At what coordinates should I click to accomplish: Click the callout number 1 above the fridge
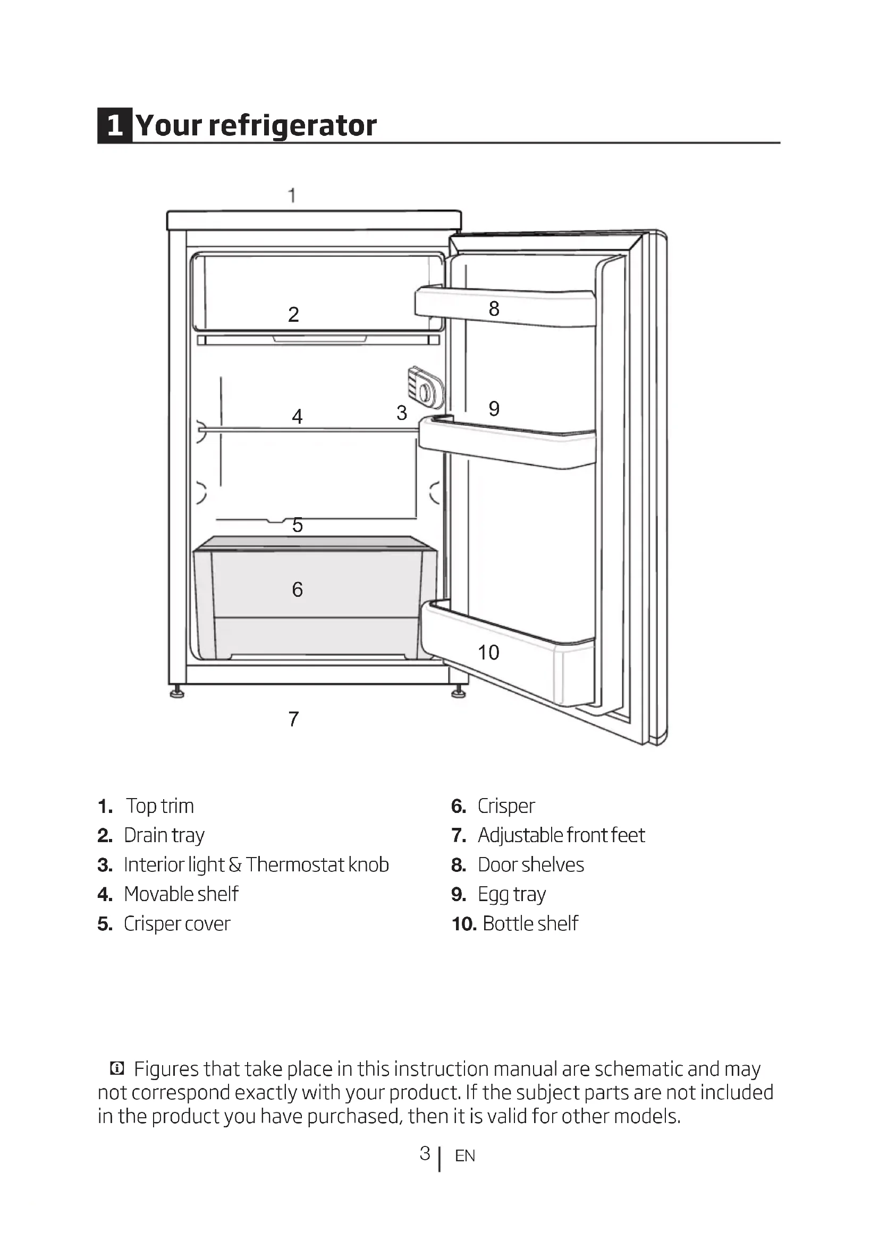[x=292, y=195]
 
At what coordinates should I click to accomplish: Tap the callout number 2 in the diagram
[x=293, y=314]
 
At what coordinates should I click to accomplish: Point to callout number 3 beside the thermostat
[x=401, y=413]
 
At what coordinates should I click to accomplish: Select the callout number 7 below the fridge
[x=293, y=719]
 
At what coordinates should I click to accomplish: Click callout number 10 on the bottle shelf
[x=488, y=653]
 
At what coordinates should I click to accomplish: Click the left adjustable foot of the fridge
[x=177, y=692]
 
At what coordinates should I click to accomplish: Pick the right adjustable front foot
[x=459, y=692]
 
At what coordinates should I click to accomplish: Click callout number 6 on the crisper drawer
[x=297, y=589]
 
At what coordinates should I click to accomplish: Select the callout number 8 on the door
[x=494, y=309]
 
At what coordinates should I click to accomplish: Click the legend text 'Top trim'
[x=159, y=806]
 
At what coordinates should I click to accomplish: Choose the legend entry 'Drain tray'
[x=164, y=835]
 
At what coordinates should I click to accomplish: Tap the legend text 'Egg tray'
[x=511, y=894]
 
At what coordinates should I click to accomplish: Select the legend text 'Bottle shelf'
[x=530, y=923]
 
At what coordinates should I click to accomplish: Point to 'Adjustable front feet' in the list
[x=561, y=835]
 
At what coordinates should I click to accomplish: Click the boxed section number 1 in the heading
[x=115, y=125]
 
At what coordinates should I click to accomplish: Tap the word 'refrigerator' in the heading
[x=292, y=125]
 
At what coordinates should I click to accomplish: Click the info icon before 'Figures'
[x=117, y=1068]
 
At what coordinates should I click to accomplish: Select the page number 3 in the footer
[x=425, y=1153]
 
